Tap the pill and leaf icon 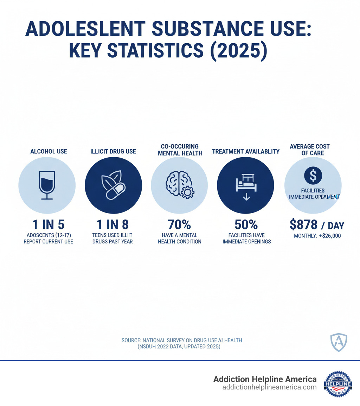click(x=113, y=186)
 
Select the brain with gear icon click(x=179, y=186)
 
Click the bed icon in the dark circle click(x=245, y=186)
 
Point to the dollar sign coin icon click(x=313, y=175)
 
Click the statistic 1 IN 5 click(x=46, y=225)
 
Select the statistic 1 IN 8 click(x=113, y=225)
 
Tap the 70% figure click(x=179, y=225)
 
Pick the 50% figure click(x=246, y=225)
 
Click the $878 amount click(x=304, y=225)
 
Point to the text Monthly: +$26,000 click(x=317, y=236)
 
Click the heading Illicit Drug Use click(x=113, y=152)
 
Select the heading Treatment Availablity click(x=246, y=152)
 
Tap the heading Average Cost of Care click(x=310, y=150)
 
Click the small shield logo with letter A click(x=339, y=341)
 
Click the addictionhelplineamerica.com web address click(x=270, y=387)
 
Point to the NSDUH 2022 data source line click(x=179, y=347)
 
